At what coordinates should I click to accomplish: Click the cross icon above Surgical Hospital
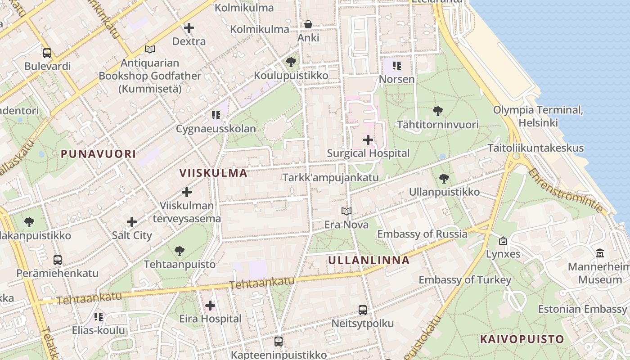(x=368, y=140)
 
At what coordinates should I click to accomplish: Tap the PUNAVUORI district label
(x=98, y=154)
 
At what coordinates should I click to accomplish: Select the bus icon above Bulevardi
(x=47, y=53)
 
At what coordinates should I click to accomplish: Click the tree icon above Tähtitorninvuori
(x=437, y=111)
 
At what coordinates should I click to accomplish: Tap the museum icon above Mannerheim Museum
(x=600, y=253)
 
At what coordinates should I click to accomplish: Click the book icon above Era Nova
(x=346, y=211)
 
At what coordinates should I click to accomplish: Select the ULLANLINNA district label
(x=369, y=260)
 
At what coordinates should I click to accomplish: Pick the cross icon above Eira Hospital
(x=210, y=306)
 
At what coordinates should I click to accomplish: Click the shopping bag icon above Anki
(x=308, y=24)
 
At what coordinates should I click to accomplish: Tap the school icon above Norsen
(x=396, y=66)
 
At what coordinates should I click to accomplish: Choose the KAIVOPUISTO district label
(x=522, y=339)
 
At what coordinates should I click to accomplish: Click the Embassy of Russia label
(x=422, y=234)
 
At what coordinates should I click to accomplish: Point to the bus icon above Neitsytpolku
(x=363, y=310)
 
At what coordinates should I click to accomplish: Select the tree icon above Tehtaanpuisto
(x=180, y=251)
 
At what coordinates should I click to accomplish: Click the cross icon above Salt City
(x=132, y=222)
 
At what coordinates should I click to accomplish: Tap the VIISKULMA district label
(x=213, y=173)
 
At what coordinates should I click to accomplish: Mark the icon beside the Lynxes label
(x=503, y=241)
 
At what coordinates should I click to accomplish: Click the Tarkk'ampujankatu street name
(x=330, y=177)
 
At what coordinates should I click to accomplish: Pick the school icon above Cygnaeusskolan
(x=216, y=116)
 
